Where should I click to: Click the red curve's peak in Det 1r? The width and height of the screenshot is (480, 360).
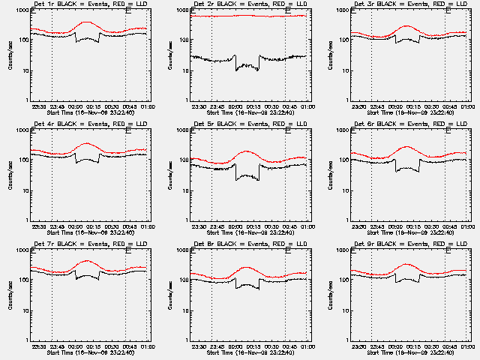(x=87, y=22)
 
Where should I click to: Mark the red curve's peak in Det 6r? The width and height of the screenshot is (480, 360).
(x=406, y=147)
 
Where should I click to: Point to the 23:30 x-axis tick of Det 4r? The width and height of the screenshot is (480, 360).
(x=37, y=226)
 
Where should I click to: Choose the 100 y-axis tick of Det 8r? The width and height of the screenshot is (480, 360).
(x=184, y=280)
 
